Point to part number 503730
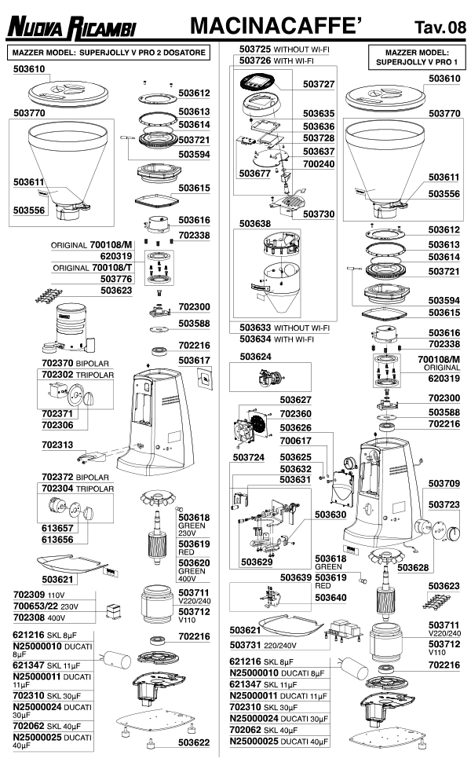[x=319, y=214]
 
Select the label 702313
[x=57, y=444]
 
